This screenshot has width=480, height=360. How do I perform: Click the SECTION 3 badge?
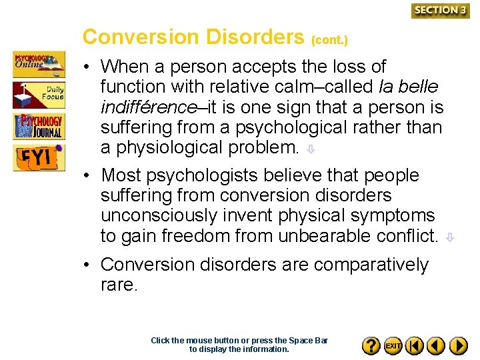tap(440, 10)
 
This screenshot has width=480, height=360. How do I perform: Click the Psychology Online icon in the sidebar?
tap(39, 64)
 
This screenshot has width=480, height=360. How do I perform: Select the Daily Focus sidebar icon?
tap(39, 95)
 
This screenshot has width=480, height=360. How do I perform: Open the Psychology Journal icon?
tap(39, 126)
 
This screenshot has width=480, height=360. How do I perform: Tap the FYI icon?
tap(39, 157)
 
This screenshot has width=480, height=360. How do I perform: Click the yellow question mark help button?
tap(371, 345)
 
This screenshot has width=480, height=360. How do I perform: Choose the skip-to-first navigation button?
tap(415, 345)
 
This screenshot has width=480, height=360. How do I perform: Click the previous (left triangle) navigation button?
tap(436, 345)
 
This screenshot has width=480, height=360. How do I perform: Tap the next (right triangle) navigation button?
tap(458, 345)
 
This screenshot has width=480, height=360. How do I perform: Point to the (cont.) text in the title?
tap(329, 40)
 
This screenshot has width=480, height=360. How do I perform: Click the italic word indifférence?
tap(143, 107)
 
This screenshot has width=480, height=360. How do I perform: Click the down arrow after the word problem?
tap(311, 150)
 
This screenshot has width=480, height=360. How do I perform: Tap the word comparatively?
tap(371, 265)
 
